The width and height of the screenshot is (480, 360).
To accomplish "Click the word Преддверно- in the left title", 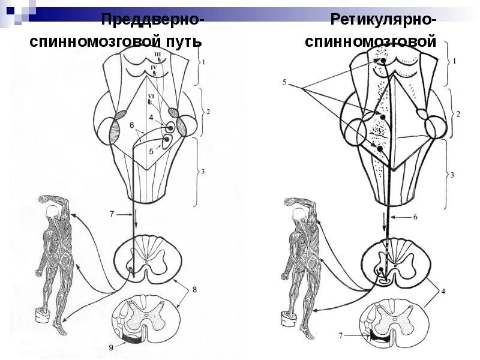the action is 152,20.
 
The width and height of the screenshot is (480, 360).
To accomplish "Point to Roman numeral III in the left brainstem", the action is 158,55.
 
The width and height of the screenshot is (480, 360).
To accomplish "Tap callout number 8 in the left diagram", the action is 193,290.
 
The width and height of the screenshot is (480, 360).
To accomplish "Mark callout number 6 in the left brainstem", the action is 131,125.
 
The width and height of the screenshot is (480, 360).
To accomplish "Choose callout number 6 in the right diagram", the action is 415,217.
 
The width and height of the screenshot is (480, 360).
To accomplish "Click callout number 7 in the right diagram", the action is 340,335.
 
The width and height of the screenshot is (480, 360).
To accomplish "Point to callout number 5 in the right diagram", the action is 284,81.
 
